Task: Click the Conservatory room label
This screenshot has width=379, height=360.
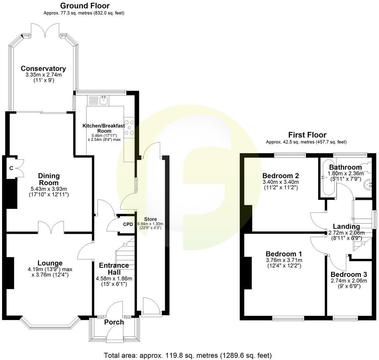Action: pos(43,69)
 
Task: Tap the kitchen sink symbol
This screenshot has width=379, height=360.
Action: pos(104,100)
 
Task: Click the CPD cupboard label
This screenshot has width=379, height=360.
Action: pos(128,224)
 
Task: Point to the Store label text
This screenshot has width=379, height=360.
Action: pos(150,219)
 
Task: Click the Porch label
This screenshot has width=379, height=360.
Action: pos(114,322)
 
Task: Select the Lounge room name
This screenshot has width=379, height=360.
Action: pos(50,263)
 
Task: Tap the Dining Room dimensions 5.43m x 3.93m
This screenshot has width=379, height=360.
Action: pos(49,189)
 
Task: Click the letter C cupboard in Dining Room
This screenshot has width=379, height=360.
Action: pos(11,168)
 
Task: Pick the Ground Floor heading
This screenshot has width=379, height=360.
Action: pos(85,6)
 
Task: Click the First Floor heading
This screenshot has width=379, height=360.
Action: pos(307,135)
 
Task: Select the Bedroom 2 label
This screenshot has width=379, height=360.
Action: pos(281,176)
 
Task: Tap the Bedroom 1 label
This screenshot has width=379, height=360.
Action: pos(284,254)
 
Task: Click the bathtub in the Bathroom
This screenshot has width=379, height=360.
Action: pos(328,178)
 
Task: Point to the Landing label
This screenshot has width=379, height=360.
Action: pos(346,226)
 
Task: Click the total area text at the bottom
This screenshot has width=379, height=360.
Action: pos(187,355)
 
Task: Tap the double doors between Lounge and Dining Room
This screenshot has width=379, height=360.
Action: pos(51,227)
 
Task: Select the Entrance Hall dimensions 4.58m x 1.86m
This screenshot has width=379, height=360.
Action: pos(114,279)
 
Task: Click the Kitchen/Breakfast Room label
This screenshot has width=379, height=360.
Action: pos(104,128)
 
